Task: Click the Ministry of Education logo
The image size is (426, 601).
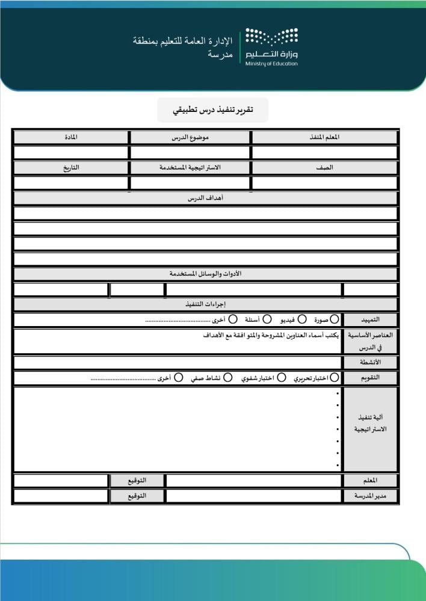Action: click(x=271, y=47)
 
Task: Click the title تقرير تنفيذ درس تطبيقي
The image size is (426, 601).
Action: click(x=212, y=109)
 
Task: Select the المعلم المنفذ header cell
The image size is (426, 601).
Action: click(x=324, y=137)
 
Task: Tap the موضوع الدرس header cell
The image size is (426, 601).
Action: click(x=190, y=137)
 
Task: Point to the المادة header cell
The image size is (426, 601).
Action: click(x=71, y=137)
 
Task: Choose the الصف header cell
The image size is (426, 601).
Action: click(x=324, y=168)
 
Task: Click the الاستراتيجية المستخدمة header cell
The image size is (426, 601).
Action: click(x=190, y=168)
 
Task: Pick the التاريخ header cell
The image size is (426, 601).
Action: click(x=71, y=168)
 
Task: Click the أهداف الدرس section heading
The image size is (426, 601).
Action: click(x=205, y=198)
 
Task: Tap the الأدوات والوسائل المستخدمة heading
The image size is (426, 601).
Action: click(x=205, y=274)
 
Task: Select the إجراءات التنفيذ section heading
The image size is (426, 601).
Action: click(x=205, y=304)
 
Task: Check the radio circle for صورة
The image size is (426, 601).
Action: click(x=335, y=319)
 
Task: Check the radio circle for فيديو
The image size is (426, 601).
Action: click(x=302, y=319)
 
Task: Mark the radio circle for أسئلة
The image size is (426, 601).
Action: click(x=267, y=319)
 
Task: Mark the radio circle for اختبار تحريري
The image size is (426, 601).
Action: click(x=335, y=378)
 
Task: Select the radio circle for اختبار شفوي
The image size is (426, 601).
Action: click(x=282, y=378)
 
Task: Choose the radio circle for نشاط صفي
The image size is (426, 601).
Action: click(x=228, y=378)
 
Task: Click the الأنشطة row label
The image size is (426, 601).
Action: click(x=370, y=363)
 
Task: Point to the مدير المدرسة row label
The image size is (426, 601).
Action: click(x=370, y=496)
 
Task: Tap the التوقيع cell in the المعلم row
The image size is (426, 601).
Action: click(x=137, y=481)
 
